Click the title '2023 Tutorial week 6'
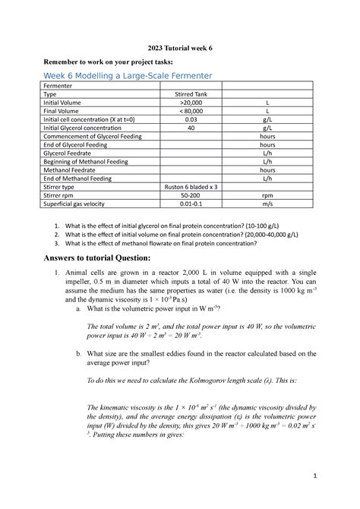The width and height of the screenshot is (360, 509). click(179, 47)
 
